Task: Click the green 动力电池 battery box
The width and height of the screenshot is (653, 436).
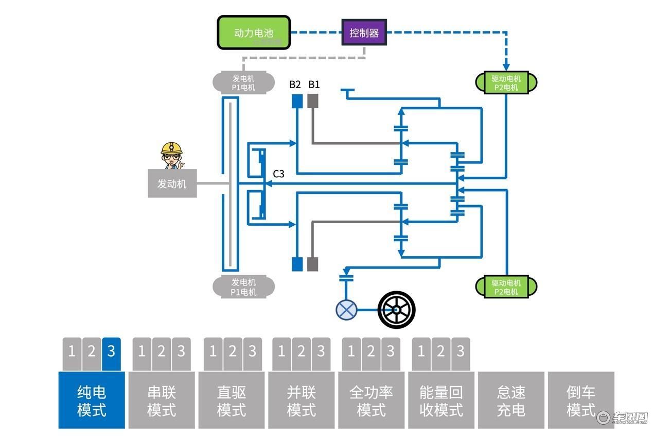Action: tap(254, 32)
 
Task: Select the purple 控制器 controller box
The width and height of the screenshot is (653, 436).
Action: tap(364, 32)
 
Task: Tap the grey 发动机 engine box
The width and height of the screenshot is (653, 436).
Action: tap(172, 183)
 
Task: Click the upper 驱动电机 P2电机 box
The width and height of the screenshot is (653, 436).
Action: tap(506, 82)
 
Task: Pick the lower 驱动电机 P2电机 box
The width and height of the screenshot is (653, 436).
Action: tap(506, 287)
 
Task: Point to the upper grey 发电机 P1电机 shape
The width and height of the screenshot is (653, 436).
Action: tap(243, 82)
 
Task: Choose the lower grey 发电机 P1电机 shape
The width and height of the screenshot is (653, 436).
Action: tap(243, 287)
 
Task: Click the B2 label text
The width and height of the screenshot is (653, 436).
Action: tap(295, 85)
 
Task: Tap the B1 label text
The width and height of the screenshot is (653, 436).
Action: tap(314, 85)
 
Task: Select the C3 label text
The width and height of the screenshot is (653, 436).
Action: tap(278, 174)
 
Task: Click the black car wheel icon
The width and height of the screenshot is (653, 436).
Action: tap(396, 310)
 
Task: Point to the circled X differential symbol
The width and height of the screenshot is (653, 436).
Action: tap(346, 310)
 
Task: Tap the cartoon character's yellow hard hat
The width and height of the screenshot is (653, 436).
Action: tap(171, 147)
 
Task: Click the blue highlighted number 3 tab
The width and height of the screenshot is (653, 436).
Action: tap(111, 354)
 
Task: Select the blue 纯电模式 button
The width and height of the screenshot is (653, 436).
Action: tap(92, 400)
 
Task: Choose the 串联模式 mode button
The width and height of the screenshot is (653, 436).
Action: tap(162, 400)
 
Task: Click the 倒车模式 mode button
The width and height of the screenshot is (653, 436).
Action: tap(581, 400)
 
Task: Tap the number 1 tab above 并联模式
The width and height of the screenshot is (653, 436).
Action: tap(281, 354)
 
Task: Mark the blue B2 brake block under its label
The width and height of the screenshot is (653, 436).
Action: tap(297, 101)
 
